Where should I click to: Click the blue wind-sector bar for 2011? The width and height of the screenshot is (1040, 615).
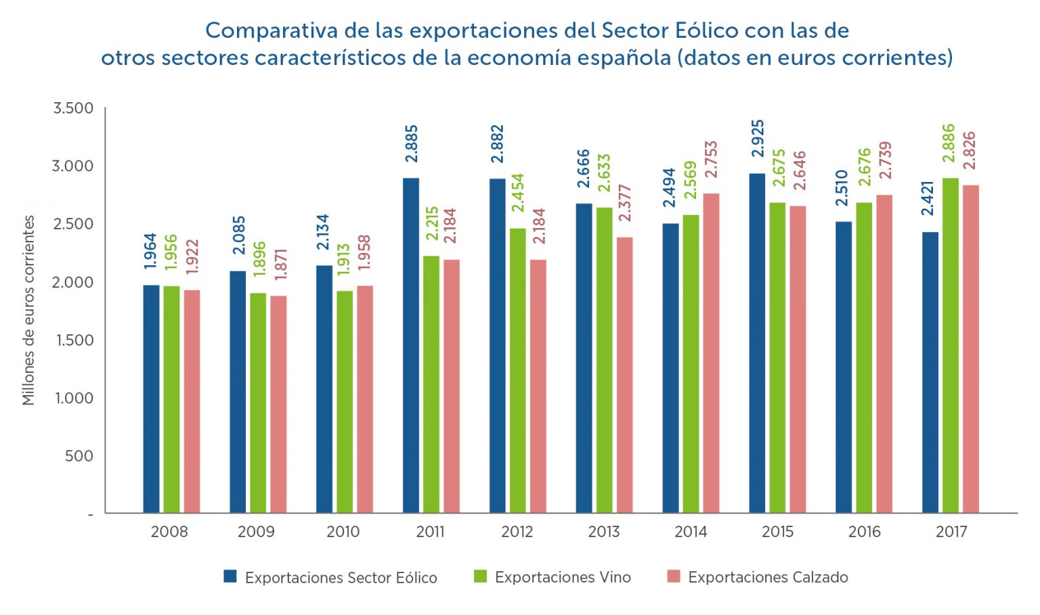[411, 345]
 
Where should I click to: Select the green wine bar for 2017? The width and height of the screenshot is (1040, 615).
[951, 345]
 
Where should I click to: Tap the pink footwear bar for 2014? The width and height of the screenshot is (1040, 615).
[711, 352]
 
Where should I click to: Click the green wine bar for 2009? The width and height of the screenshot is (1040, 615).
[258, 403]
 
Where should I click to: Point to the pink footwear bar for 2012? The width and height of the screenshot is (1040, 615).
[538, 386]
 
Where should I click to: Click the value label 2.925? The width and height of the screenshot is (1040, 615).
[758, 139]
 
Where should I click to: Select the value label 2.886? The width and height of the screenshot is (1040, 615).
[949, 143]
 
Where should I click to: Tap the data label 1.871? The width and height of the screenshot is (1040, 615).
[280, 265]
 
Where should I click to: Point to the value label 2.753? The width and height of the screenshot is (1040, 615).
[711, 160]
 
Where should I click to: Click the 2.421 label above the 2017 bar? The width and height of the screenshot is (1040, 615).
[928, 198]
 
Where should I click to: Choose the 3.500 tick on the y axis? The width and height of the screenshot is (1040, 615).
[73, 108]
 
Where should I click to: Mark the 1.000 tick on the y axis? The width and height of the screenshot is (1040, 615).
[74, 398]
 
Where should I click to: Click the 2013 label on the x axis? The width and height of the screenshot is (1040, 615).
[603, 532]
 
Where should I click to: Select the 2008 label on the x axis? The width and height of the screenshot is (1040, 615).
[169, 532]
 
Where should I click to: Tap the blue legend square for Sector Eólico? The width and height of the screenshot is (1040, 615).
[230, 576]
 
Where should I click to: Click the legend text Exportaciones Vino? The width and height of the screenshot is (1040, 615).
[563, 577]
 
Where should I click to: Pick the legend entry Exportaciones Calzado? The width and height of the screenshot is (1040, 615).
[768, 577]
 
